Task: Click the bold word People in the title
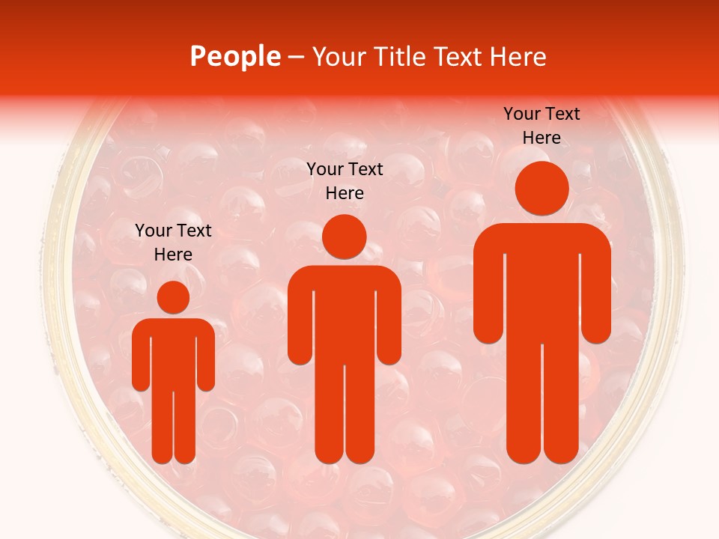point(235,57)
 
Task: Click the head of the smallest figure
point(173,297)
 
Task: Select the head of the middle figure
point(344,237)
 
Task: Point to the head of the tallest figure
point(542,189)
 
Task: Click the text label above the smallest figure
point(173,242)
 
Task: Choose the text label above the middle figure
point(345,181)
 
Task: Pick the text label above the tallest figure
point(541,126)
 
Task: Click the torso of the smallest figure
point(173,352)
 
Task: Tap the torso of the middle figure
point(344,314)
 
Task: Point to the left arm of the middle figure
point(300,322)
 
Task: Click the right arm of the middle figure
point(389,322)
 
